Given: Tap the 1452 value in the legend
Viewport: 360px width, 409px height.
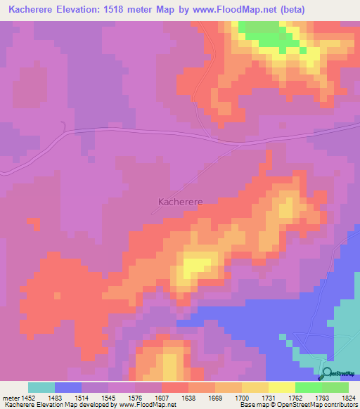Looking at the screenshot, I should tap(28, 397).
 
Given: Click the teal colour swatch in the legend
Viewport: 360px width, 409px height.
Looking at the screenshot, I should tap(41, 387).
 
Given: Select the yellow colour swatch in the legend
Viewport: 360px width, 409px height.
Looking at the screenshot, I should tap(281, 387).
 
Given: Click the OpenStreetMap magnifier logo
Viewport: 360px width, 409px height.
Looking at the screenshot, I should tap(328, 373).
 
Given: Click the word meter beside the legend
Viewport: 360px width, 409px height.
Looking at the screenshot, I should tap(9, 397).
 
